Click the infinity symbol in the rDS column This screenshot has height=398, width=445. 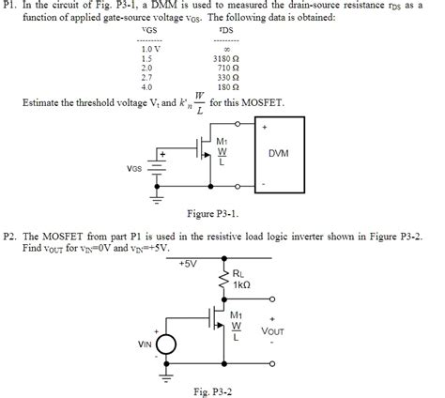point(227,49)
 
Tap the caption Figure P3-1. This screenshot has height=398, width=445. point(214,212)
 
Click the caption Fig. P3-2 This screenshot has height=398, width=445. point(212,390)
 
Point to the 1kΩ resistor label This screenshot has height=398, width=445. point(240,283)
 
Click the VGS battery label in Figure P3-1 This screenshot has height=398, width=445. point(138,169)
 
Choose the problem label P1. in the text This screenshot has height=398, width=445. point(11,6)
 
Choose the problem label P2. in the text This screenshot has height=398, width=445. point(11,238)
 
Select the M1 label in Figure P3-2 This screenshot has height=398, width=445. point(237,315)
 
